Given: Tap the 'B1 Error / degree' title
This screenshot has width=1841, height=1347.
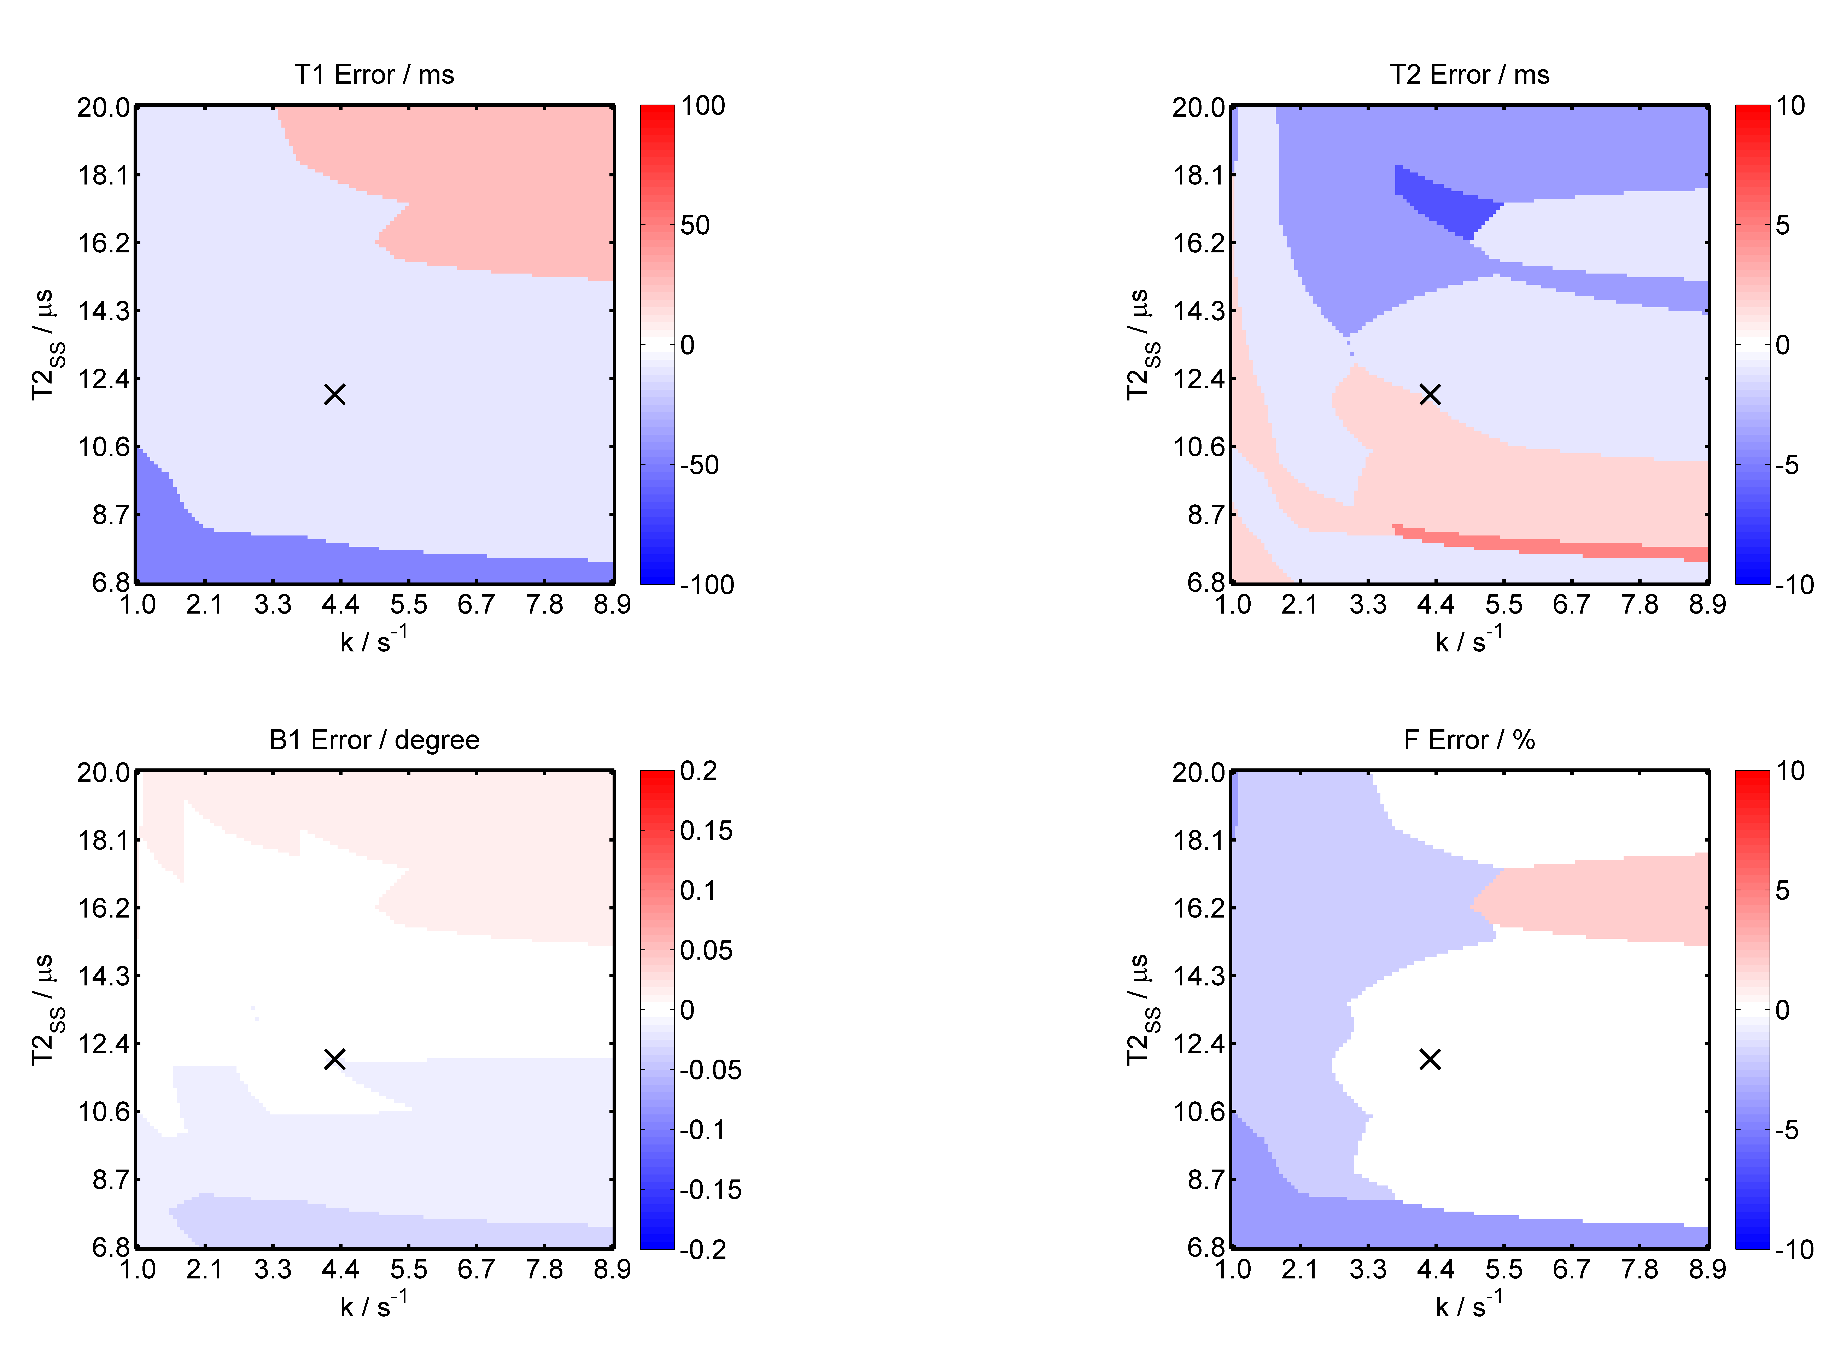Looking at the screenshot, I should pos(374,739).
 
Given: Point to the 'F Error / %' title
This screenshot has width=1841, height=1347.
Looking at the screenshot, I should pos(1469,739).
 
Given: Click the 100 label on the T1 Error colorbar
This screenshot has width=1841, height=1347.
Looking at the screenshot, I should pos(703,106).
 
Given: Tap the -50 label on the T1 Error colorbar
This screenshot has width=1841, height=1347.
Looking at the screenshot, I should pos(700,465).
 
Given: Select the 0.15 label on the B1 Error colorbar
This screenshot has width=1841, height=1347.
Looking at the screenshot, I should pos(706,831).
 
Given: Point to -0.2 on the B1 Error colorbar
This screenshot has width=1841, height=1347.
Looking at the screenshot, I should pos(703,1249).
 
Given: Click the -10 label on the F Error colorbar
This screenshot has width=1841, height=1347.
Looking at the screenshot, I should pos(1794,1249).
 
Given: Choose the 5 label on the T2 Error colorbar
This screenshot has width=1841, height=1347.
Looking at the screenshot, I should pos(1783,225).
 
